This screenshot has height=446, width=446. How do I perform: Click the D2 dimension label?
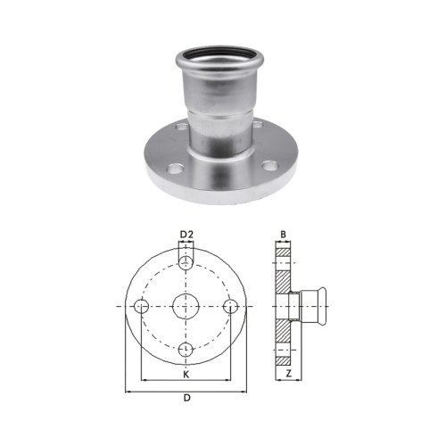tap(186, 235)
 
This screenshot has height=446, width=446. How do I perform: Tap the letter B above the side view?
tap(283, 235)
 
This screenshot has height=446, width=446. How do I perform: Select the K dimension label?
tap(186, 375)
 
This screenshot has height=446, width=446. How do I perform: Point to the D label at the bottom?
tap(186, 398)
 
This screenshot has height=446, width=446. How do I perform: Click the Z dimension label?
tap(288, 374)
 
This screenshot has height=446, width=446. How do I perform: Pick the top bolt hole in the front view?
tap(186, 262)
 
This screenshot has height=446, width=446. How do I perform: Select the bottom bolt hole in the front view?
tap(186, 350)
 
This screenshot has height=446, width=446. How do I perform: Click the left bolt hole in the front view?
tap(142, 306)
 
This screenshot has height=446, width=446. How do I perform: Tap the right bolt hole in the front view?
tap(230, 306)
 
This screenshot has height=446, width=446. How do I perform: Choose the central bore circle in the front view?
tap(186, 306)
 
